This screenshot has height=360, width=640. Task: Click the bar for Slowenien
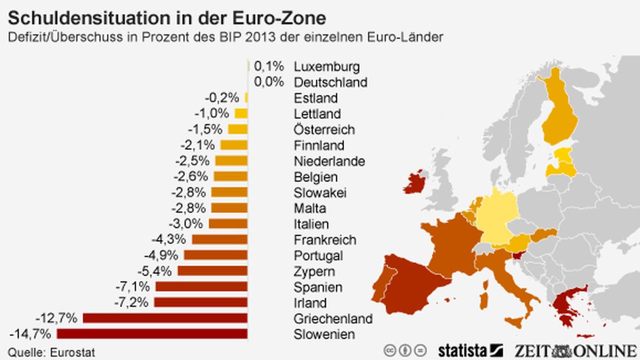coord(152,334)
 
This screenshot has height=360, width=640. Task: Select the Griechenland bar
coord(165,318)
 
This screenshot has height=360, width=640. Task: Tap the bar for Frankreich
coord(220,240)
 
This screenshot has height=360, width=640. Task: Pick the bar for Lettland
coord(241,114)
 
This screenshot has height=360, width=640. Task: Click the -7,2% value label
coord(131,302)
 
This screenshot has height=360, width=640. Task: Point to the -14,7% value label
coord(30,334)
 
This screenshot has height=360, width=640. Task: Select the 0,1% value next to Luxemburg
coord(269,66)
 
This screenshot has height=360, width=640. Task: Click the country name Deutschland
coord(330,82)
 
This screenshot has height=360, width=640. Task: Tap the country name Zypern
coord(314,271)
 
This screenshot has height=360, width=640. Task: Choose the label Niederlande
coord(329,161)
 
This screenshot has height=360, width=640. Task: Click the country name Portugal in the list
coord(318,256)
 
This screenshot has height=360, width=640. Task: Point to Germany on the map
coord(495,214)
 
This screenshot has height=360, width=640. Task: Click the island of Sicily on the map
coord(515,323)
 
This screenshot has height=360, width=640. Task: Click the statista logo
coord(470,350)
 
